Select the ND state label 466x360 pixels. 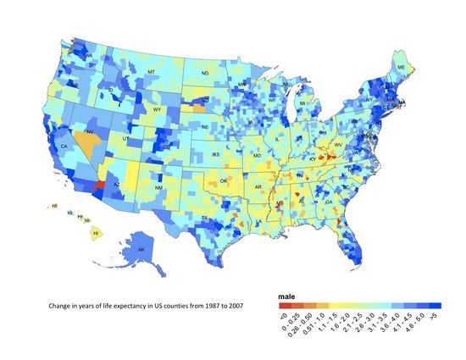tap(204, 74)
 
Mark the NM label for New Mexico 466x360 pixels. tap(159, 186)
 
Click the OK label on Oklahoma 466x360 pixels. tap(224, 180)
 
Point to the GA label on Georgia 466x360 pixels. tap(328, 202)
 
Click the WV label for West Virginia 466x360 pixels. tap(339, 145)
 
